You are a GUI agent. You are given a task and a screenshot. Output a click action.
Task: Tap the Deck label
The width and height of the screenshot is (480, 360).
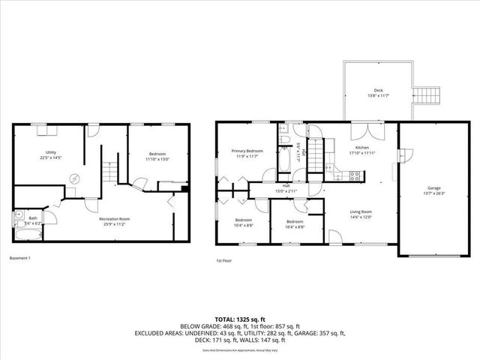378,89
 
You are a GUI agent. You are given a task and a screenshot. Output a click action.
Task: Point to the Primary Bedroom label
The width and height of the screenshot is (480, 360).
247,151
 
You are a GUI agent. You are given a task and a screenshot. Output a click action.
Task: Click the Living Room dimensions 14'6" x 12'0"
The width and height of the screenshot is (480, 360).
361,217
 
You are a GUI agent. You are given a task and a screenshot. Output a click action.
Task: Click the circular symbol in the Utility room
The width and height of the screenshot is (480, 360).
74,178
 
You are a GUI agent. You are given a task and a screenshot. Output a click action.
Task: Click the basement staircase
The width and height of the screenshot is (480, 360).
110,172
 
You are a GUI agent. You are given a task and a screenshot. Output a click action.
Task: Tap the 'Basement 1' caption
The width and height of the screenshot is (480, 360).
20,258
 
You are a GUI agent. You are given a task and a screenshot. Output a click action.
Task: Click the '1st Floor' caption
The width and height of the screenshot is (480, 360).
223,261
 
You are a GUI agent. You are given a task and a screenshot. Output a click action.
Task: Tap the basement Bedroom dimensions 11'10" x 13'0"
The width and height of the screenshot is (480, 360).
157,159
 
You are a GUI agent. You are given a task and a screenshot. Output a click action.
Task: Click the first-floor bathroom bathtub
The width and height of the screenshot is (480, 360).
284,161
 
